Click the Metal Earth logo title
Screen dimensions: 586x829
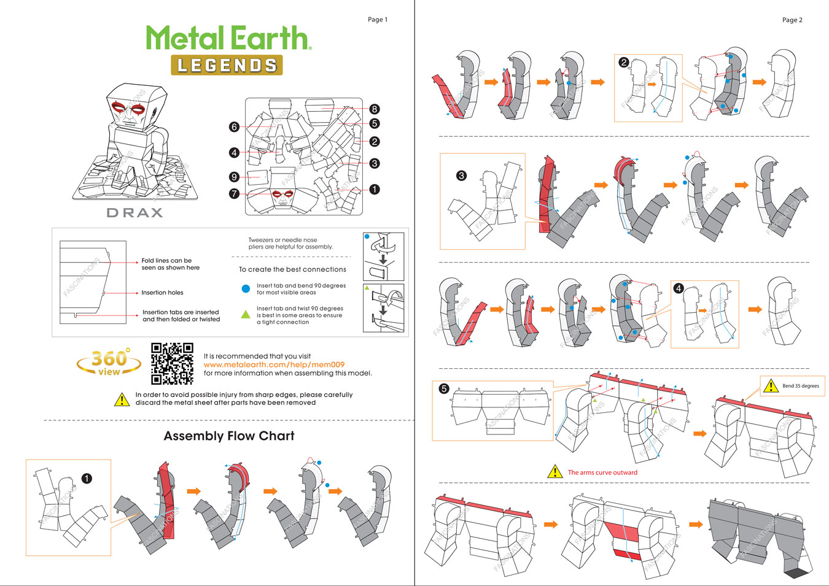228,38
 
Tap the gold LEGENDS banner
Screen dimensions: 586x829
227,65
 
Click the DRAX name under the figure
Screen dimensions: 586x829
134,213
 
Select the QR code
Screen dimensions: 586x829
172,363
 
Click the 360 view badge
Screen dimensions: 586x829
109,363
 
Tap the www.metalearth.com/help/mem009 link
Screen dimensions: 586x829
274,364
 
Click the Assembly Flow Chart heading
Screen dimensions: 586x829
229,436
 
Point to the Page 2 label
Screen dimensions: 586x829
792,20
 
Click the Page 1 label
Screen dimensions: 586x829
378,20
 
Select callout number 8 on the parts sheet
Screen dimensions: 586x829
375,109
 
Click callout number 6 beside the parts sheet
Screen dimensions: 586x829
234,127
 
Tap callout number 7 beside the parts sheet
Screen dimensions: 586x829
234,193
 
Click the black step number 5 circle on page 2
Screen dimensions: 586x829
444,388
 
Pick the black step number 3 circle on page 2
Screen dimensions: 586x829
461,175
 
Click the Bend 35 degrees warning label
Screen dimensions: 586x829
792,386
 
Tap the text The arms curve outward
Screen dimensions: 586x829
602,472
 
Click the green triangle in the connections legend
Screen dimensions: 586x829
246,314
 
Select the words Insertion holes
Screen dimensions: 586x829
162,293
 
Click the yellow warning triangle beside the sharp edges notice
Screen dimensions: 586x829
122,399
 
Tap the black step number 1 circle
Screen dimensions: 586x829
87,478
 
